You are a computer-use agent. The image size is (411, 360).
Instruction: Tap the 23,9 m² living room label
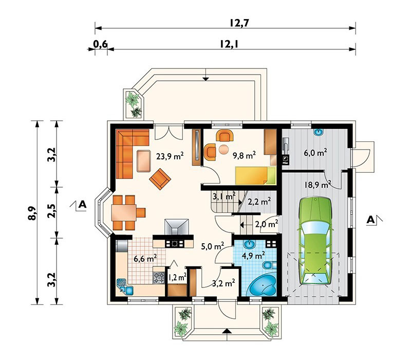pos(170,156)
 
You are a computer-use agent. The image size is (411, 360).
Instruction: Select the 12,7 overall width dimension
pos(239,23)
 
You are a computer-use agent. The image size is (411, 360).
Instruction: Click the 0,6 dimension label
pos(100,44)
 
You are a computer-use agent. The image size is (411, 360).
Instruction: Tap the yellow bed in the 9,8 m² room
pos(255,175)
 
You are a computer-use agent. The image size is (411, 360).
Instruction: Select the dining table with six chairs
pos(126,212)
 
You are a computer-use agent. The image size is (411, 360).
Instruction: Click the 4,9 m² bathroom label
pos(253,255)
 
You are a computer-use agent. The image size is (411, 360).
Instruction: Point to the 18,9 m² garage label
pos(317,185)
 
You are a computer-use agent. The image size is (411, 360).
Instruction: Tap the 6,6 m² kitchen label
pos(145,259)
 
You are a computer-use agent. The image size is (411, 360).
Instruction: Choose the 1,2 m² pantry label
pos(177,277)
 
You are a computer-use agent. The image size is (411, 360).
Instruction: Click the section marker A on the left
pos(82,204)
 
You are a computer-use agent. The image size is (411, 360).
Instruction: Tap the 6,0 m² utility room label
pos(315,152)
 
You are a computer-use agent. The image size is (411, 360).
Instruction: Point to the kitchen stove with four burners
pos(159,278)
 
